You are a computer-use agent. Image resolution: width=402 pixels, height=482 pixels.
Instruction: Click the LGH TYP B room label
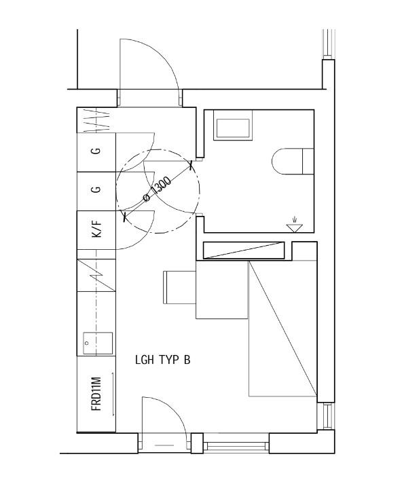[163, 360]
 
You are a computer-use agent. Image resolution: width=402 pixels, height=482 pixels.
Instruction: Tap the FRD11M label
[96, 394]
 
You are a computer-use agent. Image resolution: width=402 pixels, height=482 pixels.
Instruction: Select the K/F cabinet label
[96, 229]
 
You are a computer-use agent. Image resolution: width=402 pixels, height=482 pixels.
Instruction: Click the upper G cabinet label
[96, 151]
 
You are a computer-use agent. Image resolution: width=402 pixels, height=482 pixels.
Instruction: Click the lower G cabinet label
[96, 189]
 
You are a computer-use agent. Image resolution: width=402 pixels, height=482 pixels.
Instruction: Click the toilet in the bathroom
[293, 161]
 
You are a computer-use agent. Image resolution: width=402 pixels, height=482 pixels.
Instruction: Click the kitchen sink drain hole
[87, 343]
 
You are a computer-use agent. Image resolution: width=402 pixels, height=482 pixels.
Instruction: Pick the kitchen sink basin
[98, 344]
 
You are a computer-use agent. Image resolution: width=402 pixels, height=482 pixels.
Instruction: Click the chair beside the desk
[179, 287]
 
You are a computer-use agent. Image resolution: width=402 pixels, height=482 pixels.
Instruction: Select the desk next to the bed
[222, 290]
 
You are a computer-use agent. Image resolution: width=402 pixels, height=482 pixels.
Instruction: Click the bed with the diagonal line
[282, 329]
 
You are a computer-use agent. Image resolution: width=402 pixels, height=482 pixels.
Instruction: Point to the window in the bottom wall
[236, 445]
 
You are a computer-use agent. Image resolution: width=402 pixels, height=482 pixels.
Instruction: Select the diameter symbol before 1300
[147, 198]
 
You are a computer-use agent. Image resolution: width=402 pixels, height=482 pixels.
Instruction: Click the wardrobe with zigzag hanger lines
[96, 120]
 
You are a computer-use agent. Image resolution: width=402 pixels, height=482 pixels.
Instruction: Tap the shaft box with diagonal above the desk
[244, 251]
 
